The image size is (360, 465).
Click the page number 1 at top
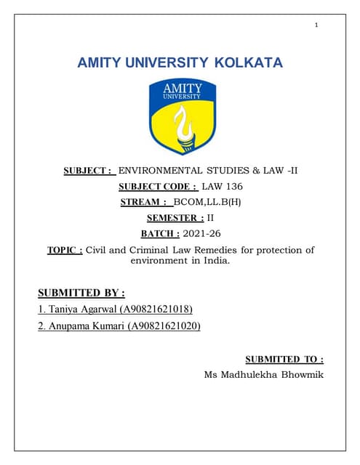(x=316, y=25)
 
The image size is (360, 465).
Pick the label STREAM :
(x=144, y=203)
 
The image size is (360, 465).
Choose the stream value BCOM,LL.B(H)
(x=207, y=203)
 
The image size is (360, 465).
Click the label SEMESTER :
(x=175, y=218)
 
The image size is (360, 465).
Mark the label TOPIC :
(x=65, y=250)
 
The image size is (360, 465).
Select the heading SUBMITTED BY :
(x=81, y=293)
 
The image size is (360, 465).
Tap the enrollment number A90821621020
(x=164, y=325)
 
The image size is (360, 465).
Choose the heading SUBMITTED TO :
(x=284, y=359)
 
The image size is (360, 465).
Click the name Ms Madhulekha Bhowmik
(x=264, y=375)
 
